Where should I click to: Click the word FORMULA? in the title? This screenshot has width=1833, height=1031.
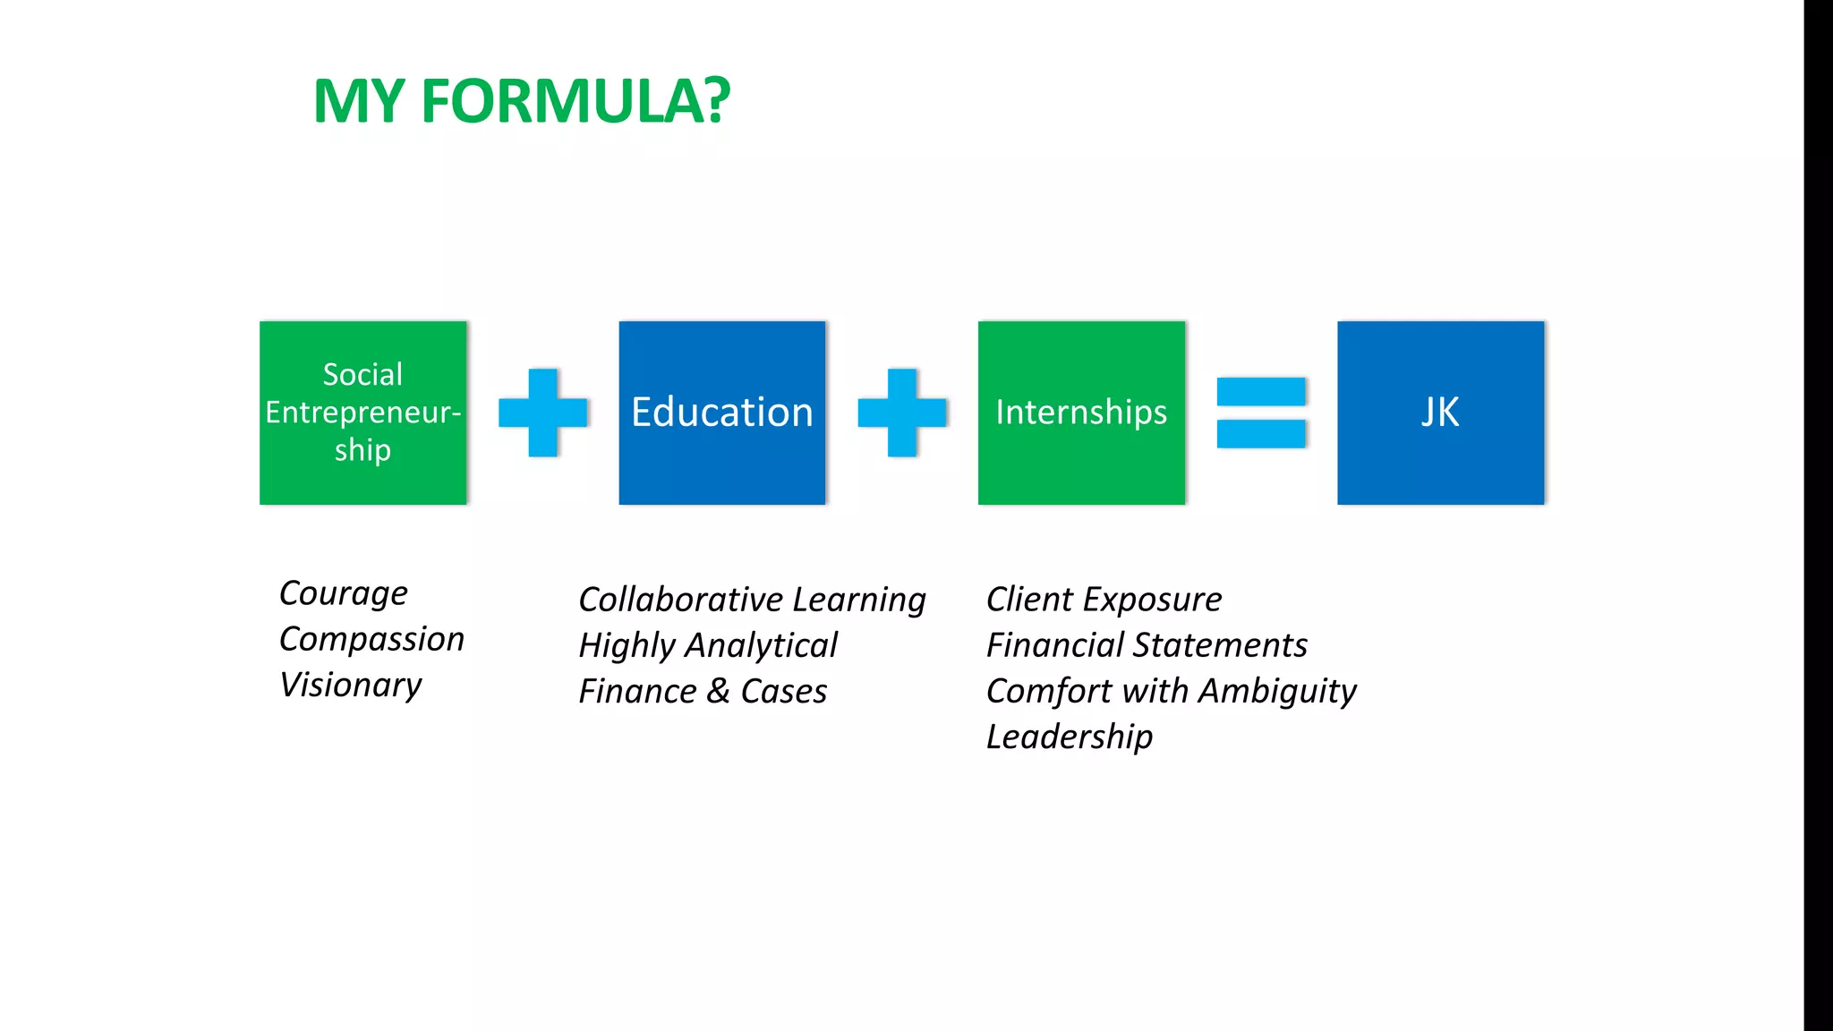[575, 100]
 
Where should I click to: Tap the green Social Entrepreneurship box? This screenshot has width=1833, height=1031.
[362, 413]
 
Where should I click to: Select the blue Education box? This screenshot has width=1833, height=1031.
[721, 413]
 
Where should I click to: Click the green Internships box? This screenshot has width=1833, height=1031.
[1081, 413]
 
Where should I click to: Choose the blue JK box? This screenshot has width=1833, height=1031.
[1440, 413]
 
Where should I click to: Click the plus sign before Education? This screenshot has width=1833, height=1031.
[542, 413]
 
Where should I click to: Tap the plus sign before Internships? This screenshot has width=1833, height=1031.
[901, 413]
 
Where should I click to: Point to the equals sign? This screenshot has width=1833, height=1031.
[1260, 413]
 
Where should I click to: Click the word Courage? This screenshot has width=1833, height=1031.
[343, 594]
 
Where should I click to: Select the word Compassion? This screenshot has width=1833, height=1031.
[371, 640]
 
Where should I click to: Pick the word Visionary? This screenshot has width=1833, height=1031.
[350, 686]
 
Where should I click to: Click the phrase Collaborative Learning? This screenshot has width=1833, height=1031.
[752, 600]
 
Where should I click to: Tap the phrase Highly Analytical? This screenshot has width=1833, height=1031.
[707, 646]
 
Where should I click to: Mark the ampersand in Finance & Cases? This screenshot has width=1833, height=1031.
[718, 692]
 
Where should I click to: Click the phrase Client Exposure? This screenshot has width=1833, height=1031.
[1104, 600]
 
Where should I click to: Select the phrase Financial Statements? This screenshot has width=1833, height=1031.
[1147, 646]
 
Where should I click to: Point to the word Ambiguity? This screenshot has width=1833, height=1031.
[1277, 692]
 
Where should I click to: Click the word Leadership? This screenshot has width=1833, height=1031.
[1069, 737]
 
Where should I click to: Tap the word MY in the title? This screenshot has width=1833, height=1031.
[359, 100]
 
